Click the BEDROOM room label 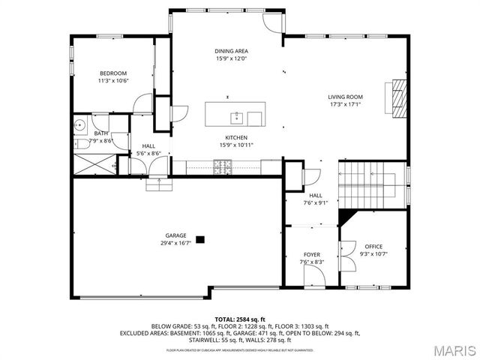tap(113, 73)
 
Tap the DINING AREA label tap(230, 50)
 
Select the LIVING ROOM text tap(345, 97)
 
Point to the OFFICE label tap(373, 247)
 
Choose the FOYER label tap(311, 255)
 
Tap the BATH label tap(101, 133)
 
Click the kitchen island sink tap(235, 116)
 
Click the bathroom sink tap(79, 126)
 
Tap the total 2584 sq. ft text tap(241, 319)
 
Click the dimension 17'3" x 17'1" tap(345, 104)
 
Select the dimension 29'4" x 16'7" tap(175, 242)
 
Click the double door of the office tap(346, 256)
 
